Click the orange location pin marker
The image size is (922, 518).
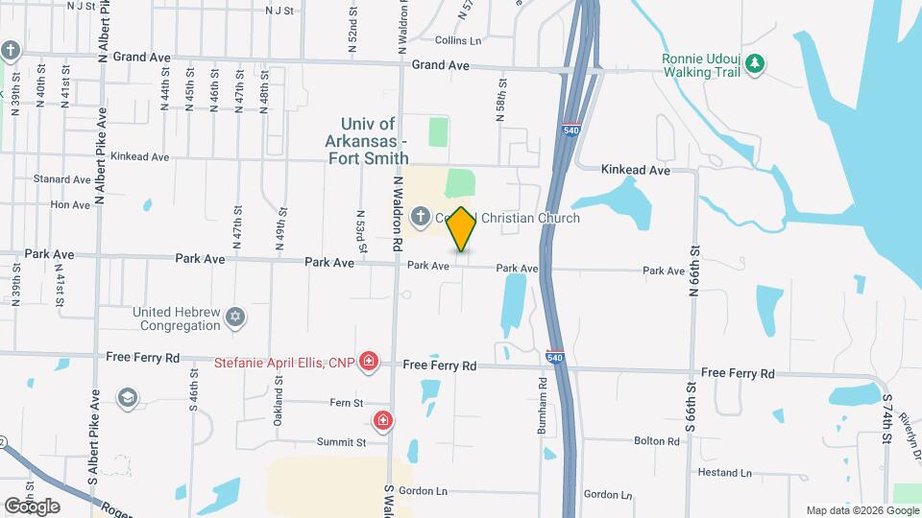pos(461,229)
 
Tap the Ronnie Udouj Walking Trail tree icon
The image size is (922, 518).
pos(756,63)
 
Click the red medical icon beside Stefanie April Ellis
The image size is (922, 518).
pos(368,363)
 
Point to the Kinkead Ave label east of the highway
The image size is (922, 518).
pos(635,170)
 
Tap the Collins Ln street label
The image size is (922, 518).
pos(457,40)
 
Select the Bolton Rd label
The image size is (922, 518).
pos(657,441)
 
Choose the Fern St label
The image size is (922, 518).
pos(345,403)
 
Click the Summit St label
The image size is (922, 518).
pos(343,442)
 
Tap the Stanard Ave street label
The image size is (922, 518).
pos(61,179)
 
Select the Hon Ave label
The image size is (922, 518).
pos(70,204)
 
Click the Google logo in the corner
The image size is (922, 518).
pos(32,506)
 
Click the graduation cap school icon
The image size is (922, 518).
pos(127,397)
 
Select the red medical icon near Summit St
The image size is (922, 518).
pos(383,420)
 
